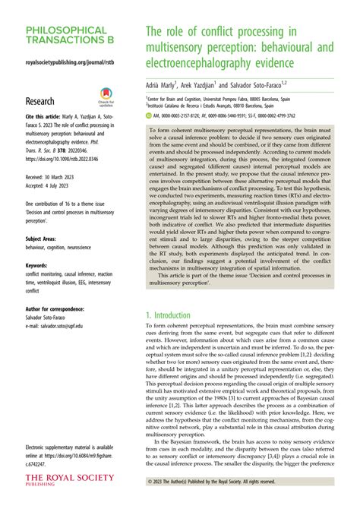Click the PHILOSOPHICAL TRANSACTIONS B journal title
tap(67, 35)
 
